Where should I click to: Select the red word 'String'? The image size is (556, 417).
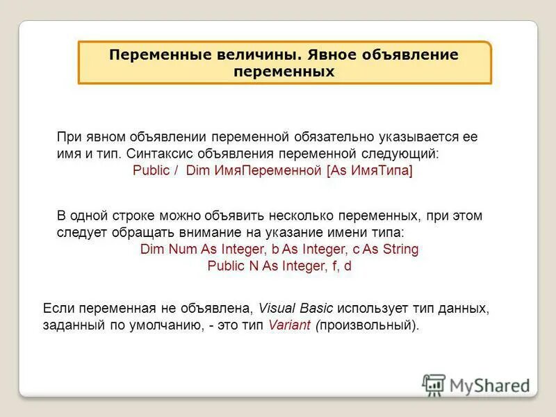click(400, 249)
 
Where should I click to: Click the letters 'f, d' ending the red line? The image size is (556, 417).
click(340, 265)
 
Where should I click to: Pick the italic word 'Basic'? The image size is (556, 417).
click(316, 308)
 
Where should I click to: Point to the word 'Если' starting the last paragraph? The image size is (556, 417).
click(58, 308)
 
